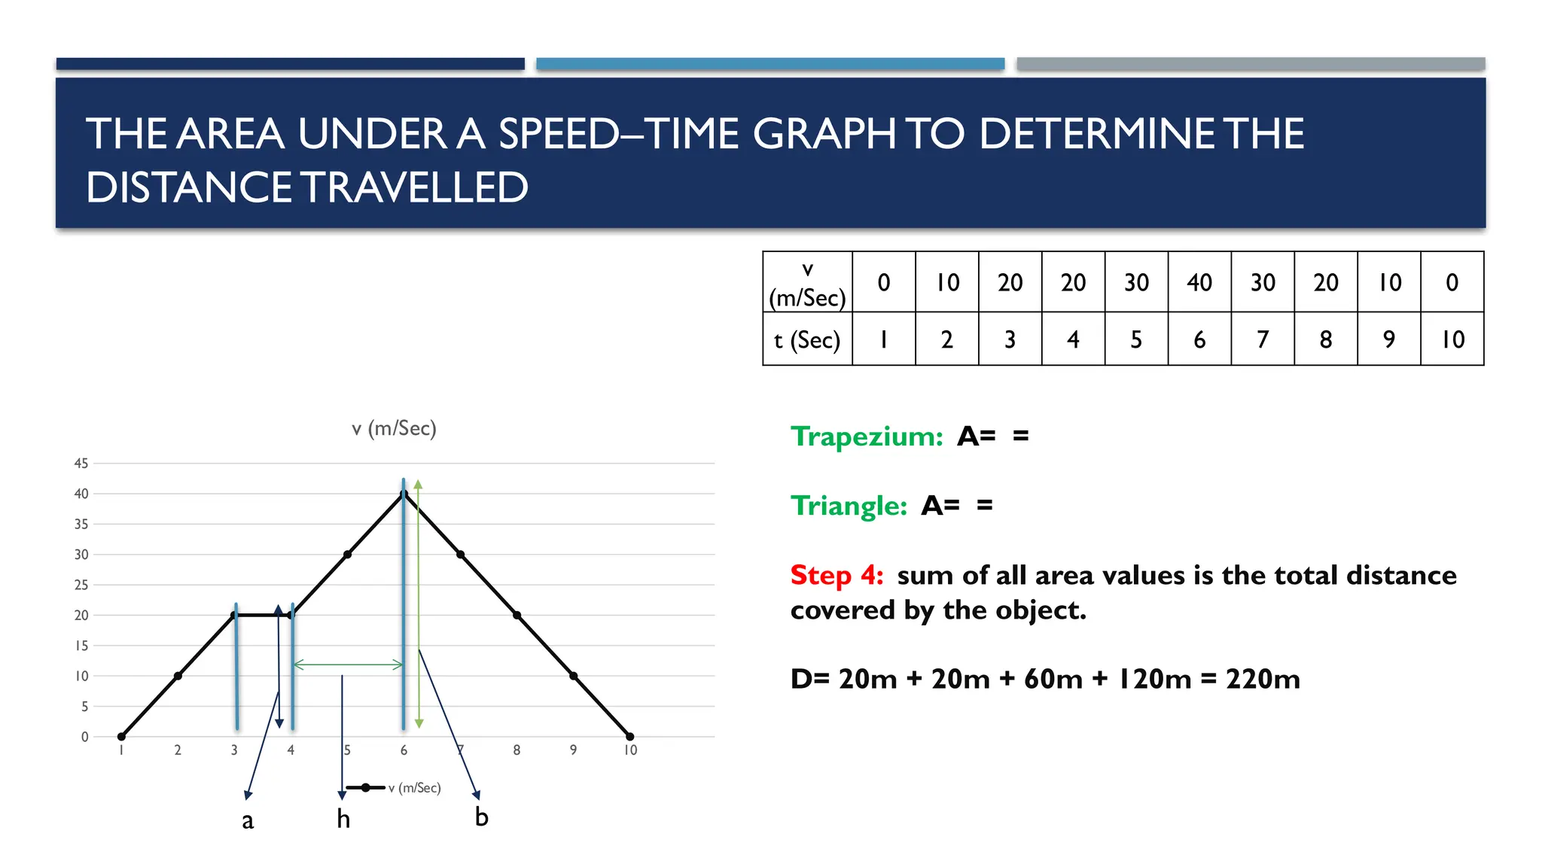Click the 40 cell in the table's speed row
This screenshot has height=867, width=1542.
click(1199, 282)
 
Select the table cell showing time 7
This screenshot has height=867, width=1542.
click(1263, 339)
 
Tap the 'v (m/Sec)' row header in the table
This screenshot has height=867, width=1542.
click(807, 283)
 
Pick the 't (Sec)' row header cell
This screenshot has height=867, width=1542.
click(807, 340)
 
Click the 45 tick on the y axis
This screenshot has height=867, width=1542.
click(81, 464)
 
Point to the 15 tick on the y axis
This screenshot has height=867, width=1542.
click(81, 646)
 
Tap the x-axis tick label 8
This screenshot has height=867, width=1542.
click(517, 750)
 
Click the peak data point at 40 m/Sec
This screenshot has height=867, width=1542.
click(404, 494)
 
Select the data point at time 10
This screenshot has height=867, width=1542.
click(630, 737)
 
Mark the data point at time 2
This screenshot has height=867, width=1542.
click(178, 676)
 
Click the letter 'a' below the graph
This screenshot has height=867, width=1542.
click(248, 820)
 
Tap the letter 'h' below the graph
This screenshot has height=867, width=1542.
click(343, 819)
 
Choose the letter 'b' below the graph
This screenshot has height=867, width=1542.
click(482, 817)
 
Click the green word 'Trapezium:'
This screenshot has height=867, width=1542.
click(867, 437)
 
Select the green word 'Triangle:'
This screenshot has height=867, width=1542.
click(849, 506)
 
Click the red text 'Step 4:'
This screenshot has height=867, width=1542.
click(837, 576)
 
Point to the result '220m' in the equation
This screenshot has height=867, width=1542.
click(1263, 679)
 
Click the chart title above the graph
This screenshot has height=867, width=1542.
click(394, 429)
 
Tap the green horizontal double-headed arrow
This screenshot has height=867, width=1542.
click(348, 665)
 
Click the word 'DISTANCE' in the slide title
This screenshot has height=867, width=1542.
click(188, 187)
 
